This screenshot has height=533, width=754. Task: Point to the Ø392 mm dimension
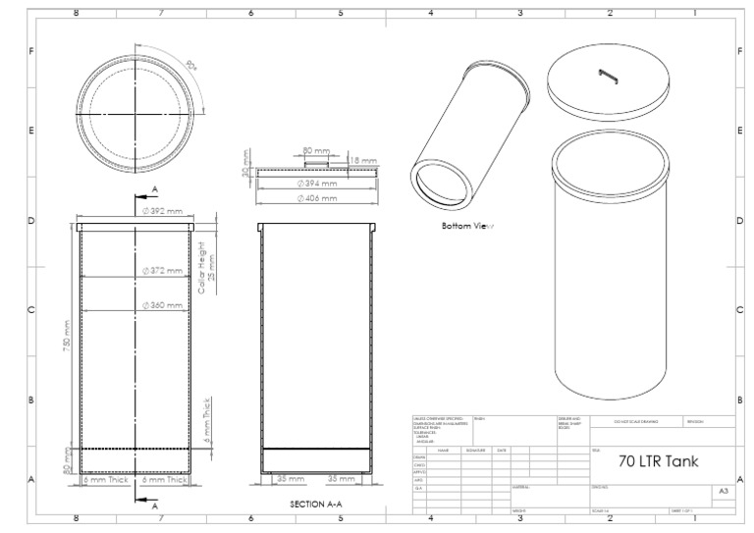click(x=163, y=211)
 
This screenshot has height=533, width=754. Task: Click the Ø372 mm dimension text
click(x=163, y=270)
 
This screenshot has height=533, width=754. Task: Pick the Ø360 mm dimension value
click(x=163, y=305)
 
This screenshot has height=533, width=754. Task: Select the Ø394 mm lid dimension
click(x=316, y=183)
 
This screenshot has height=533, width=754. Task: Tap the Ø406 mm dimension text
click(x=316, y=198)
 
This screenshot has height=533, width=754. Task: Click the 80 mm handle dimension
click(x=316, y=151)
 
